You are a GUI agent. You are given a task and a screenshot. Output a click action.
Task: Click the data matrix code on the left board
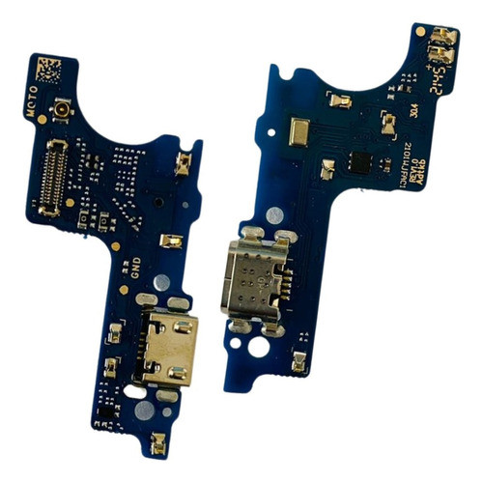[x=47, y=71]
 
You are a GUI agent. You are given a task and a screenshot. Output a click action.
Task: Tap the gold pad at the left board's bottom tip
[x=157, y=443]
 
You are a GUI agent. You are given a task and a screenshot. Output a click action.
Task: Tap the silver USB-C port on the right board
[x=253, y=277]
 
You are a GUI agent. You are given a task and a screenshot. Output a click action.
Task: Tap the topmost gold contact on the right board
[x=440, y=40]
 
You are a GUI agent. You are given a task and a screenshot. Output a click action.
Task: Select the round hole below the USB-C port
[x=261, y=342]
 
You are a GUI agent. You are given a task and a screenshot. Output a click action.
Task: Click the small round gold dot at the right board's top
[x=421, y=31]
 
